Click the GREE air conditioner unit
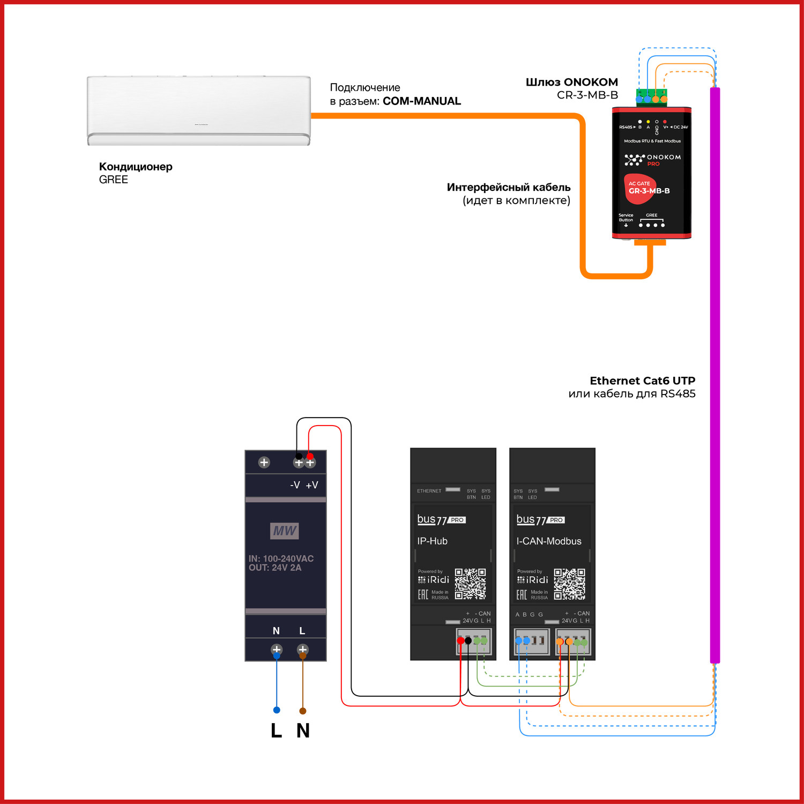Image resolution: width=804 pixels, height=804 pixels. pyautogui.click(x=198, y=110)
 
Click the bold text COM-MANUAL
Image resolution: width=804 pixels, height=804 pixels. pyautogui.click(x=421, y=101)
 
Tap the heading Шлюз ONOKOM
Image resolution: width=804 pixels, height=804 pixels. pyautogui.click(x=571, y=82)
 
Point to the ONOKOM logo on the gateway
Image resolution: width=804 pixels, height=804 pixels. pyautogui.click(x=652, y=159)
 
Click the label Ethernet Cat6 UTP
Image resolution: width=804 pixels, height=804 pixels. pyautogui.click(x=642, y=381)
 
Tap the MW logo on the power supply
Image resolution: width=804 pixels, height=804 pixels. pyautogui.click(x=284, y=531)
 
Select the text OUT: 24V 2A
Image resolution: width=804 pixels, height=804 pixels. pyautogui.click(x=275, y=568)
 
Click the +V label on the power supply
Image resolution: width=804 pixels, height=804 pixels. pyautogui.click(x=312, y=485)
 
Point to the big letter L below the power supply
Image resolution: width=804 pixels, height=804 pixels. pyautogui.click(x=276, y=731)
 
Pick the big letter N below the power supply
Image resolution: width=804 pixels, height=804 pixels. pyautogui.click(x=303, y=731)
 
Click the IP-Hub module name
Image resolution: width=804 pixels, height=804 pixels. pyautogui.click(x=432, y=541)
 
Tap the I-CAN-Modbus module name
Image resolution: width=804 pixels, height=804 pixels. pyautogui.click(x=548, y=541)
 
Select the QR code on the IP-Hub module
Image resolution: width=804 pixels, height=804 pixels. pyautogui.click(x=470, y=584)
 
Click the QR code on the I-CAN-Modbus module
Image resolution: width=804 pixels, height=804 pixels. pyautogui.click(x=569, y=584)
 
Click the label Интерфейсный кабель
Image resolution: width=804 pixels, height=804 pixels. pyautogui.click(x=508, y=188)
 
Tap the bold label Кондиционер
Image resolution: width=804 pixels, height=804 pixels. pyautogui.click(x=136, y=167)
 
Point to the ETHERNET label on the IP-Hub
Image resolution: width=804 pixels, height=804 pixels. pyautogui.click(x=429, y=491)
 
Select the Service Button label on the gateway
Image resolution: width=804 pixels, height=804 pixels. pyautogui.click(x=626, y=218)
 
